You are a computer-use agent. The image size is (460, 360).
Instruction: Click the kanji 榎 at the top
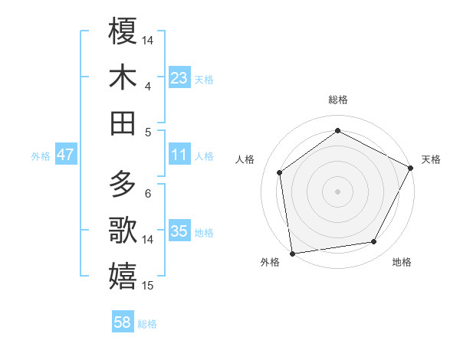coord(123,31)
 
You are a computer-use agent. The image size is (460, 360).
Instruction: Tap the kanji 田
coord(123,123)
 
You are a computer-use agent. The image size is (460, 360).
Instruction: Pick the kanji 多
coord(123,185)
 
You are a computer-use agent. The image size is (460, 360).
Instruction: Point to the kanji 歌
coord(123,231)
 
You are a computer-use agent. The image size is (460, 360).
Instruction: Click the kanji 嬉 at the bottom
coord(123,277)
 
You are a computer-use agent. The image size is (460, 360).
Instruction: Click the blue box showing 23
coord(179,78)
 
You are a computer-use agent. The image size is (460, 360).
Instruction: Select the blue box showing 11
coord(179,155)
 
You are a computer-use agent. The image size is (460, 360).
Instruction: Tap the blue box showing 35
coord(179,232)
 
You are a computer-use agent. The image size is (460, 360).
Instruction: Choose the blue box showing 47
coord(66,155)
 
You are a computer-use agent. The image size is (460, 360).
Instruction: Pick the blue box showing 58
coord(123,323)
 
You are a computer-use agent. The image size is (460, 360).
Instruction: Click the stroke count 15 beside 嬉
coord(149,286)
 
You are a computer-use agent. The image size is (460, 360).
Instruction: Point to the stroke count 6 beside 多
coord(148,193)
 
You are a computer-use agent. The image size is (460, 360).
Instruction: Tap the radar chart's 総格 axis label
coord(337,100)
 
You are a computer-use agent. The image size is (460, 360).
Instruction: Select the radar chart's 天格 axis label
coord(431,159)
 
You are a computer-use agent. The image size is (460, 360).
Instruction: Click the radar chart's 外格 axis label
coord(270,263)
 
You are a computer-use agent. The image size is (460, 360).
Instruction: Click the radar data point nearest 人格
coord(280,172)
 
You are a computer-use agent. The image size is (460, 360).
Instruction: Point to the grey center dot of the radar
coord(337,191)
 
